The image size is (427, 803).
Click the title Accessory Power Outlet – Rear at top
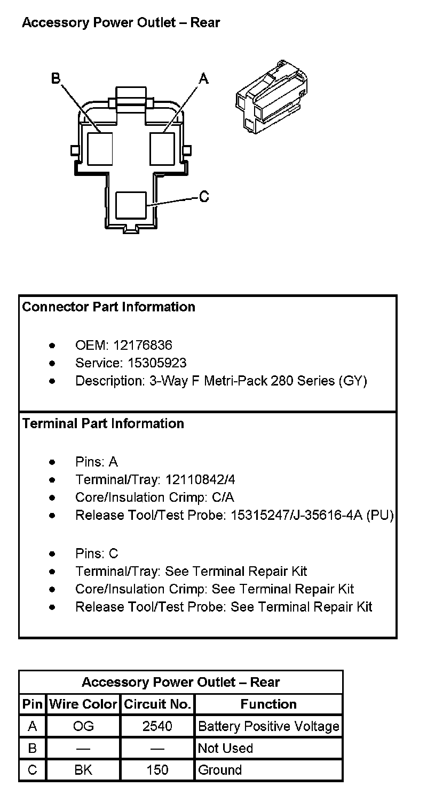[x=121, y=23]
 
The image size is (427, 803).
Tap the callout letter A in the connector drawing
[x=203, y=79]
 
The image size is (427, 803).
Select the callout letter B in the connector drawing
[x=56, y=79]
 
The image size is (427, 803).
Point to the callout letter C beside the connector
[x=204, y=197]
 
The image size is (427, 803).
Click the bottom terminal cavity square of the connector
[x=131, y=205]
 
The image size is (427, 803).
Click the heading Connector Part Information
[x=108, y=307]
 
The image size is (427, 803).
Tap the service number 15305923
[x=157, y=363]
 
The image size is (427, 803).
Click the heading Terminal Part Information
[x=103, y=423]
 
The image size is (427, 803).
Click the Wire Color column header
[x=83, y=704]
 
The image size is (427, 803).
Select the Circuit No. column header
[x=157, y=704]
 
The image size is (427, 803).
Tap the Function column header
[x=268, y=704]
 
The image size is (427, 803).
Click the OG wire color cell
[x=83, y=726]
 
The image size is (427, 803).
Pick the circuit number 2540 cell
[x=157, y=726]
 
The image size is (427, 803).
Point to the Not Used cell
[x=225, y=748]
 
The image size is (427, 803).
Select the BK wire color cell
[x=83, y=770]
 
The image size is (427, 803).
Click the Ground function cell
[x=219, y=770]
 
